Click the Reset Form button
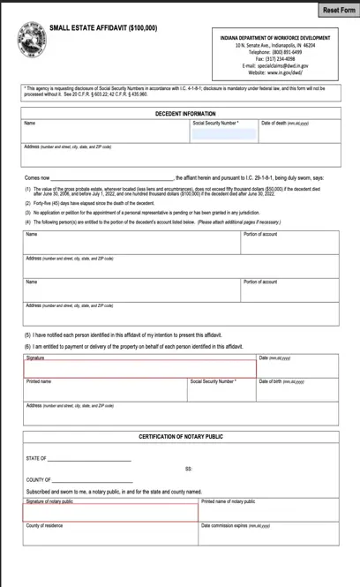(338, 9)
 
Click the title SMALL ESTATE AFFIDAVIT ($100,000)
(104, 29)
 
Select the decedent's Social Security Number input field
(223, 134)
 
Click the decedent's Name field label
(31, 124)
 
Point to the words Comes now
(38, 177)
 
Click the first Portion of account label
(260, 235)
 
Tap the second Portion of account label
(260, 282)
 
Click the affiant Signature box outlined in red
(139, 369)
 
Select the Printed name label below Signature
(39, 381)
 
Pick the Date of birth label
(281, 381)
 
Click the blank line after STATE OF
(90, 460)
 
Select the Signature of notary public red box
(110, 512)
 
